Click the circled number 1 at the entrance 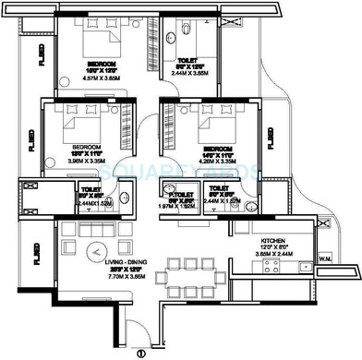point(141,352)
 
